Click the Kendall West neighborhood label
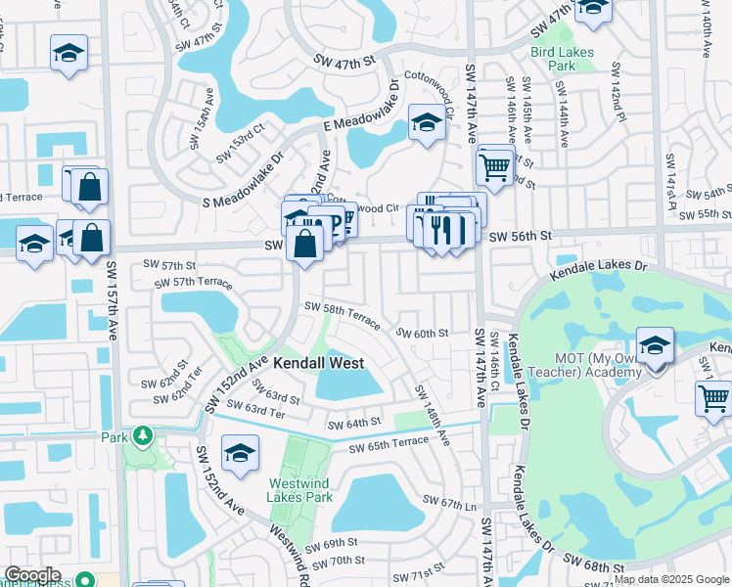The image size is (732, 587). [x=318, y=363]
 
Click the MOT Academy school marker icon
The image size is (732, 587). [x=655, y=344]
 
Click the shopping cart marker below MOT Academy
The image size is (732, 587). [x=713, y=398]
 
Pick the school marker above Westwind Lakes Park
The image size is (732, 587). [x=239, y=453]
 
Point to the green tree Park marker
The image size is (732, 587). [x=143, y=433]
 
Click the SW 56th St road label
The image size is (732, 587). [x=521, y=236]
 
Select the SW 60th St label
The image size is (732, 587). [x=422, y=333]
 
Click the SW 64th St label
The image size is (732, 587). [x=352, y=424]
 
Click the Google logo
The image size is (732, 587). [x=32, y=575]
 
